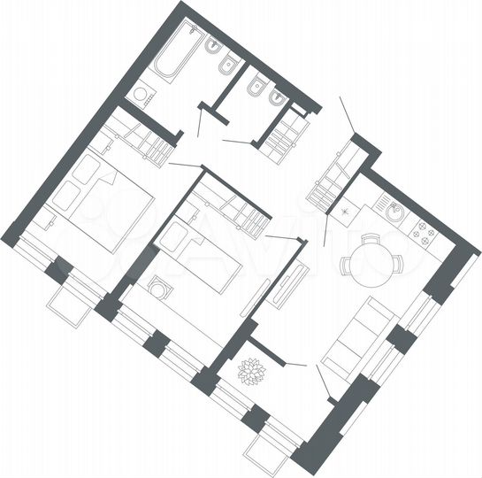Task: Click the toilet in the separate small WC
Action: (256, 89)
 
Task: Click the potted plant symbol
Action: (253, 371)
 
